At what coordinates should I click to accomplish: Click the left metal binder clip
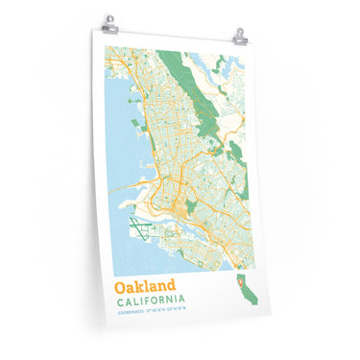[109, 21]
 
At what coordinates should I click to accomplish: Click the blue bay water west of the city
[115, 144]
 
